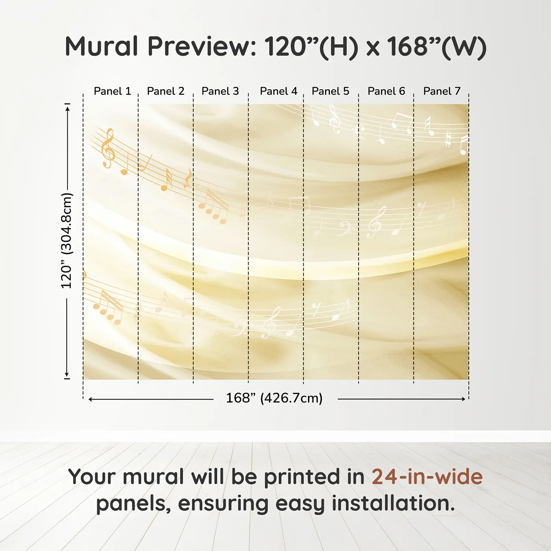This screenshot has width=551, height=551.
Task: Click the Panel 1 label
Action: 112,91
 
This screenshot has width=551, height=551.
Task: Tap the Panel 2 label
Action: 165,91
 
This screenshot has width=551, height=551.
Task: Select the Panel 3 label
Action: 220,91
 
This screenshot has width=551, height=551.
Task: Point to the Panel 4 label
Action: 278,91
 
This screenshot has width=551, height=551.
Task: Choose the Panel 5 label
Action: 330,91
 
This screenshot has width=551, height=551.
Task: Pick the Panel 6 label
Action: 386,91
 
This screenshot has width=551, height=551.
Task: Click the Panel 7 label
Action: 442,91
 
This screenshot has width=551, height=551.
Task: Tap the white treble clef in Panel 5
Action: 334,119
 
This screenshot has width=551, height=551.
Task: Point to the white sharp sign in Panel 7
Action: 448,141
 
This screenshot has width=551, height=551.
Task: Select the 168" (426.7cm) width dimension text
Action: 274,398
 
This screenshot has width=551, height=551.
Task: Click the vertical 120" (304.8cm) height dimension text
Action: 67,241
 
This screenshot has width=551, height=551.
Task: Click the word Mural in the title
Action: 101,46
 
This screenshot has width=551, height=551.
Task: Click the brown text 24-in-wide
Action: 427,477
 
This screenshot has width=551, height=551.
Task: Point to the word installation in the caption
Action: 393,503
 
